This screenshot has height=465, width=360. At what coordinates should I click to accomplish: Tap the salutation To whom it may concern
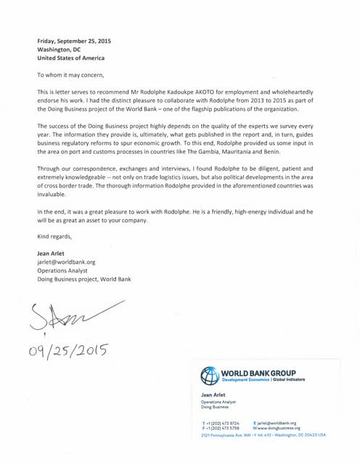[71, 75]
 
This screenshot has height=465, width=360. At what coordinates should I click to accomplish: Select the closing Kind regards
[54, 237]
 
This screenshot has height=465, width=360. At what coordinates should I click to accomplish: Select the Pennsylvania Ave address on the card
[263, 434]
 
